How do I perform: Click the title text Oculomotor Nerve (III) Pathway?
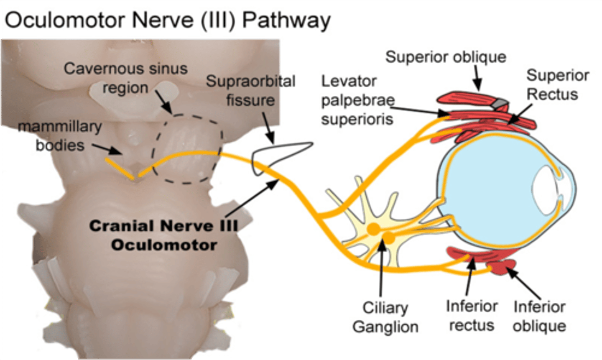tap(167, 20)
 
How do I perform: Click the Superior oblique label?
tap(446, 57)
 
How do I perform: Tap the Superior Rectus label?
tap(557, 85)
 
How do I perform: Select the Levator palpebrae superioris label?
tap(357, 100)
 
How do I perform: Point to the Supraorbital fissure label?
tap(250, 91)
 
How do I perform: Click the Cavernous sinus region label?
tap(125, 78)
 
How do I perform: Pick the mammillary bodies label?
tap(60, 136)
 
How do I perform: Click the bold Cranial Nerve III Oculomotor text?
tap(163, 235)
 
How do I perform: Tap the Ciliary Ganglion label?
tap(385, 317)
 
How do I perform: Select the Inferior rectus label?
tap(471, 316)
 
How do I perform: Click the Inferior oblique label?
tap(539, 316)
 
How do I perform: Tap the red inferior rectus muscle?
tap(468, 254)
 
